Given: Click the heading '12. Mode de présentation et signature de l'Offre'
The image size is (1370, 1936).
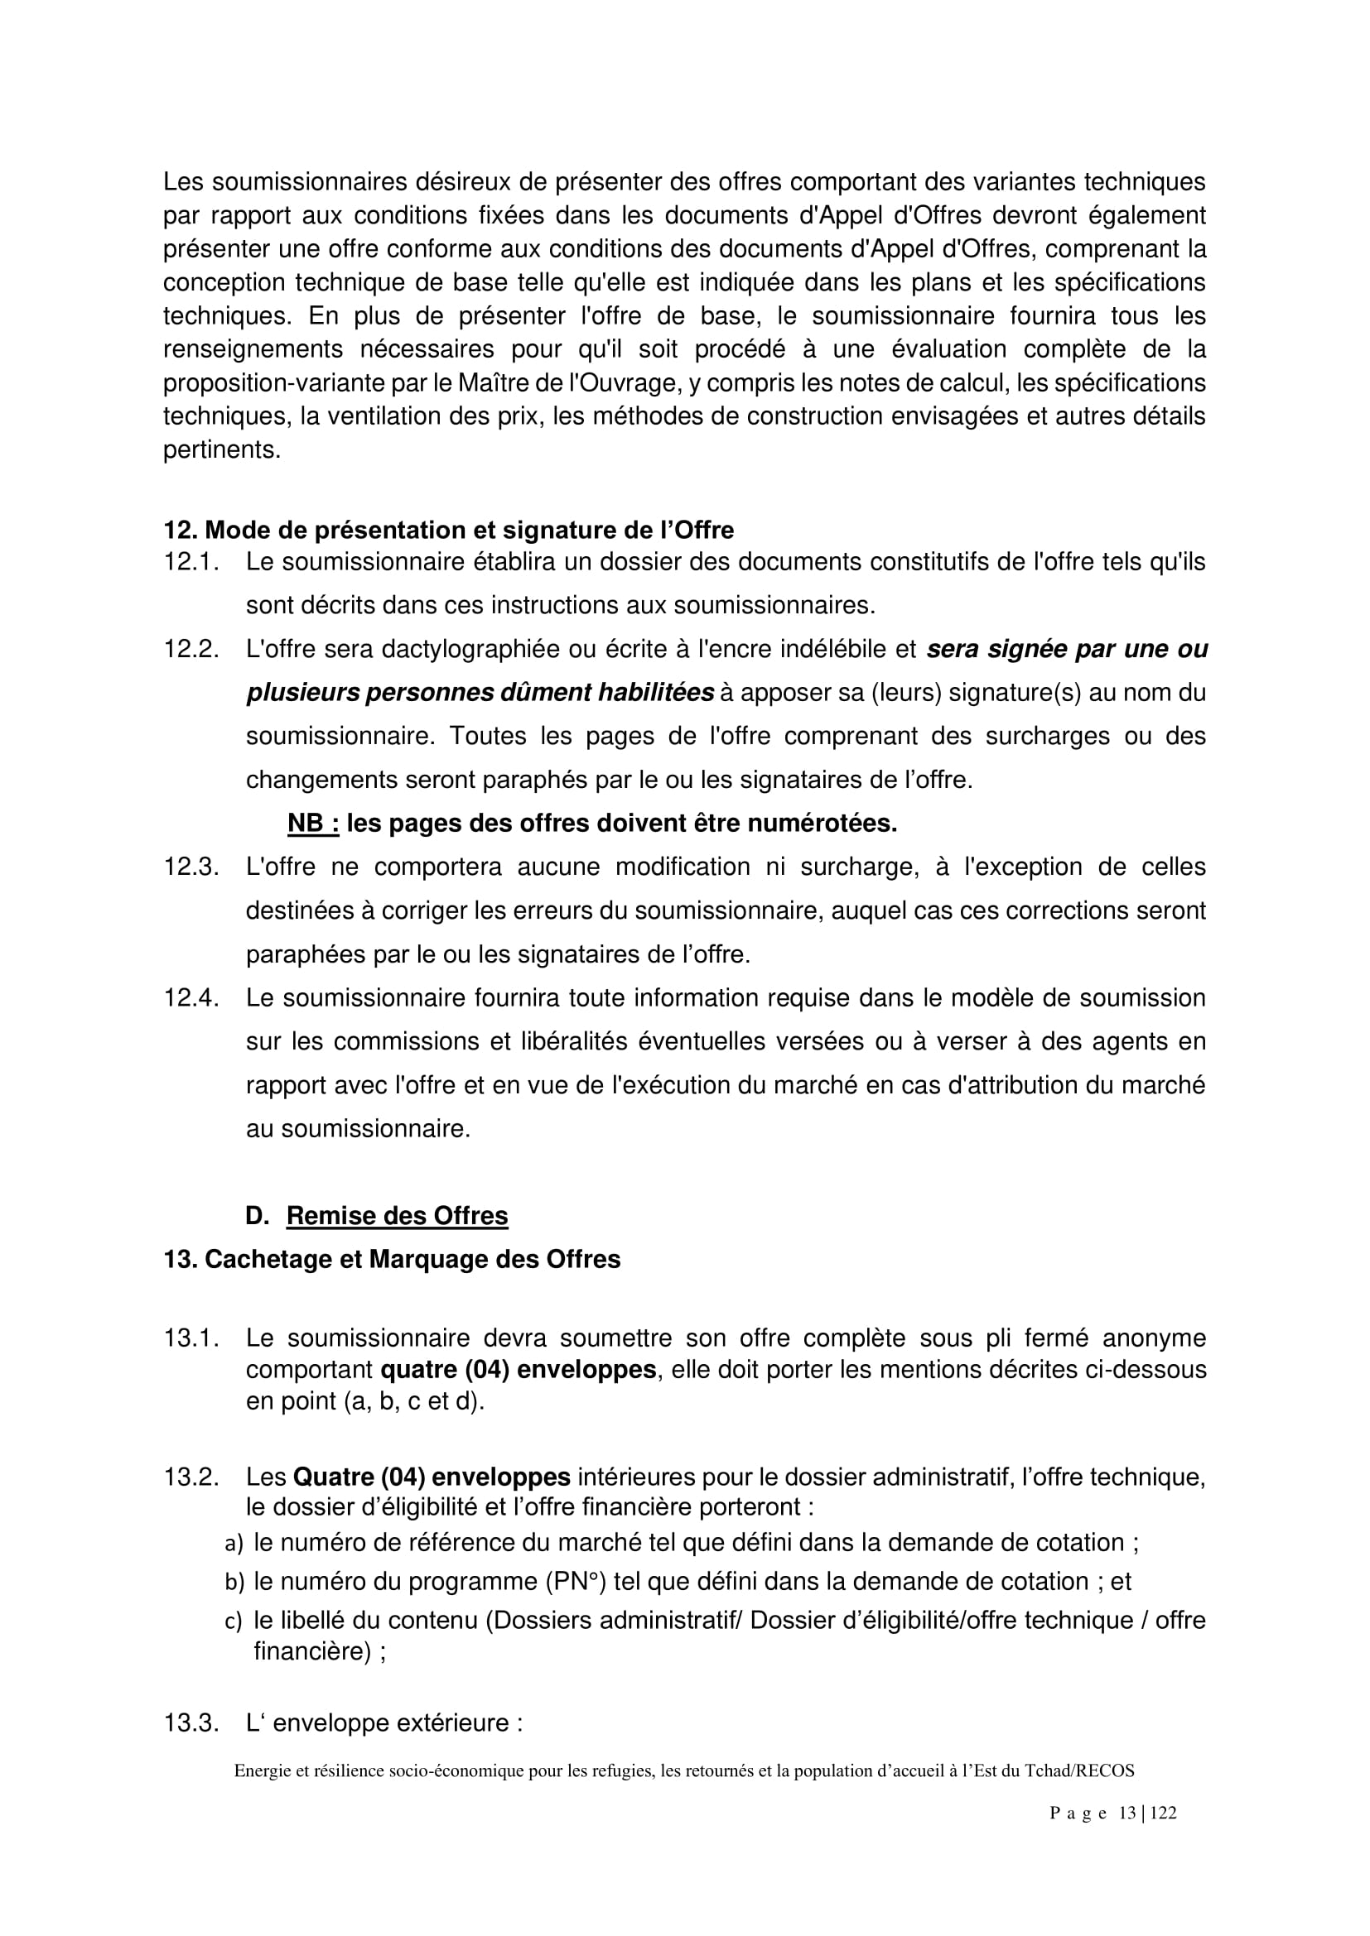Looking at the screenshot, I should tap(448, 531).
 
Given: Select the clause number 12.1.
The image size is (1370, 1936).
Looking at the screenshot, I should tap(191, 562).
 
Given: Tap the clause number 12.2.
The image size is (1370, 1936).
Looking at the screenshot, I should tap(191, 649).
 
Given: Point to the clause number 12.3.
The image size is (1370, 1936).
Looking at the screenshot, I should tap(191, 867).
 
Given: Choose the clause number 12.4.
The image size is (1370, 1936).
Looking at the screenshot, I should tap(191, 998).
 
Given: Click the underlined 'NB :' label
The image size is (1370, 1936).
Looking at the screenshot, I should tap(313, 824).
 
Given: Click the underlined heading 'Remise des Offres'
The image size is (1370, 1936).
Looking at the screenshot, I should tap(398, 1216).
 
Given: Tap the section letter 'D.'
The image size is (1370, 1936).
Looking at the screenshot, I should tap(258, 1216).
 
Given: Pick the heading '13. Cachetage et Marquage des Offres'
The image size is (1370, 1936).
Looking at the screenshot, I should tap(392, 1260).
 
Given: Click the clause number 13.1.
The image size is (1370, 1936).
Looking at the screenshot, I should tap(191, 1338).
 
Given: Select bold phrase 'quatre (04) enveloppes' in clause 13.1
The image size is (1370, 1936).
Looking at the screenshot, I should tap(518, 1369).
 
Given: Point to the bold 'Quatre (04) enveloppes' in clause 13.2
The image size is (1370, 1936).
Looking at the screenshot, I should tap(431, 1477).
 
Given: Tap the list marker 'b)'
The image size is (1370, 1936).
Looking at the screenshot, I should tap(234, 1582).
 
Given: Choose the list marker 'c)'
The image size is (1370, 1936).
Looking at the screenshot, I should tap(234, 1621).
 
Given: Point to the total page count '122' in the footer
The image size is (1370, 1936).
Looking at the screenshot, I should tap(1162, 1813).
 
